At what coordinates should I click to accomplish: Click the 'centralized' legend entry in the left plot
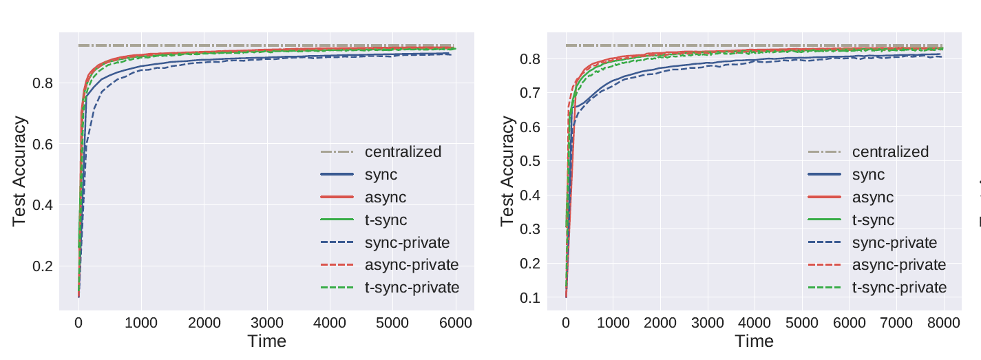point(403,151)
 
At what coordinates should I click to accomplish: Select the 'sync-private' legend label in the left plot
point(407,242)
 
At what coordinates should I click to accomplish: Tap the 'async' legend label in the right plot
point(873,198)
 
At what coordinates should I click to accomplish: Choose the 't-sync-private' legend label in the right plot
point(899,287)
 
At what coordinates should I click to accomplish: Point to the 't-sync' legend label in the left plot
point(386,220)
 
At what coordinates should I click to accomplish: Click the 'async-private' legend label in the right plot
point(899,265)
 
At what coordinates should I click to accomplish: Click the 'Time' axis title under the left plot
point(266,341)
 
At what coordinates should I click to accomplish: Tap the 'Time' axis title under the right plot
point(754,341)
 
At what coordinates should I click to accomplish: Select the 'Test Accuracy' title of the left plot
point(21,171)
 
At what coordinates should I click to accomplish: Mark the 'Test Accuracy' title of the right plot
point(508,171)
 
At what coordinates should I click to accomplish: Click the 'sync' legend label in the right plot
point(869,175)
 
